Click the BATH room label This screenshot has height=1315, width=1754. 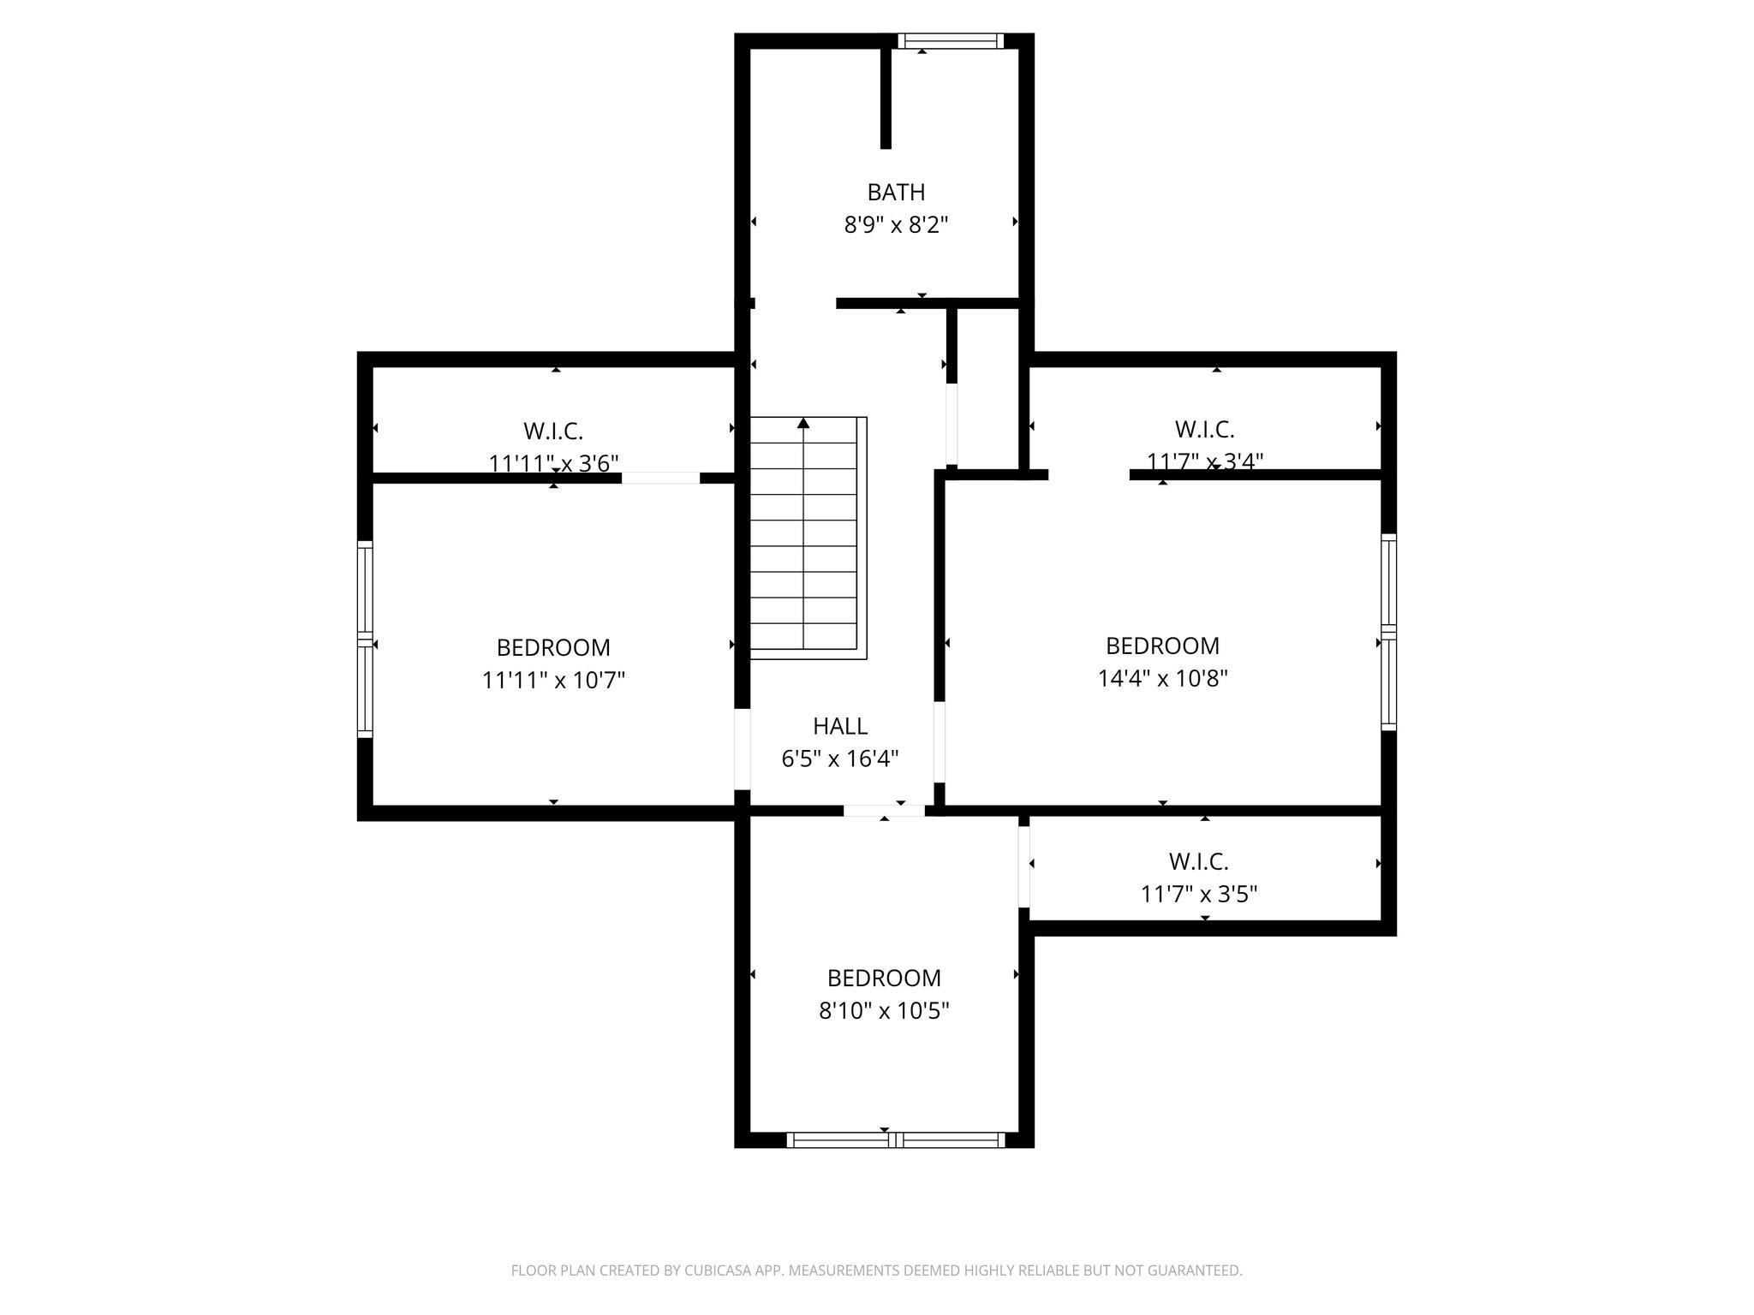click(896, 192)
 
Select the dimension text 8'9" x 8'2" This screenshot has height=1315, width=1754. click(896, 225)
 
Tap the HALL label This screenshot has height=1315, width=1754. click(840, 726)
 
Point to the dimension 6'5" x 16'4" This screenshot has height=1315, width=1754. click(840, 759)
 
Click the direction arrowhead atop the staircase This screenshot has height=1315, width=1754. click(803, 423)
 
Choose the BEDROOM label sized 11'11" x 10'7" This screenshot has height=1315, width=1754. click(553, 647)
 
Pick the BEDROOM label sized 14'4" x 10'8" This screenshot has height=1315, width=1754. click(1162, 646)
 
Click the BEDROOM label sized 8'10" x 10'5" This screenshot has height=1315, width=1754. click(884, 978)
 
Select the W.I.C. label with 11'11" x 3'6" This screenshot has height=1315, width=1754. click(553, 431)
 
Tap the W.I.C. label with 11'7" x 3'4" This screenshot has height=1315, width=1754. click(1204, 429)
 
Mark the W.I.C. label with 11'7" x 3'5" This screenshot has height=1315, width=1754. click(1198, 861)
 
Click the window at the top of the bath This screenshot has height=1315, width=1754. click(950, 41)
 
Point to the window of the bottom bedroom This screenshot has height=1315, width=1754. click(895, 1139)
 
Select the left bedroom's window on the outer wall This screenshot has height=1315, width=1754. click(366, 640)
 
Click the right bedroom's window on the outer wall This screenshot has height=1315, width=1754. click(1388, 632)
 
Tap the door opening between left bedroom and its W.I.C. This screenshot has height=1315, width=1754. click(660, 478)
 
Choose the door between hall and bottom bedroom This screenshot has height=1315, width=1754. click(884, 810)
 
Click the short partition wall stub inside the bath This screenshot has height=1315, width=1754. click(886, 98)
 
